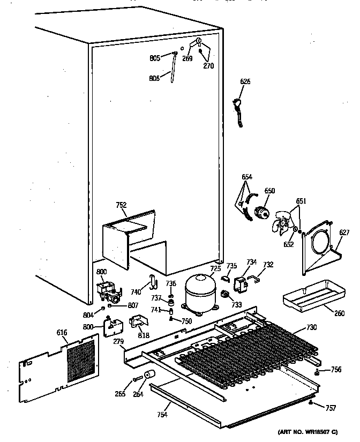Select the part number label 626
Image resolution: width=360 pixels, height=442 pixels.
[245, 82]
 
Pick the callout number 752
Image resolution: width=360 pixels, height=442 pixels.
[122, 205]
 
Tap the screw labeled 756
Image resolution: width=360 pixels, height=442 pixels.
[317, 372]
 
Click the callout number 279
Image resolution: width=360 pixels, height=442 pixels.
[117, 342]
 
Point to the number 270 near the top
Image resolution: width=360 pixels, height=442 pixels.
[208, 66]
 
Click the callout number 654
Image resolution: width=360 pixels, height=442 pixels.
[246, 177]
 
